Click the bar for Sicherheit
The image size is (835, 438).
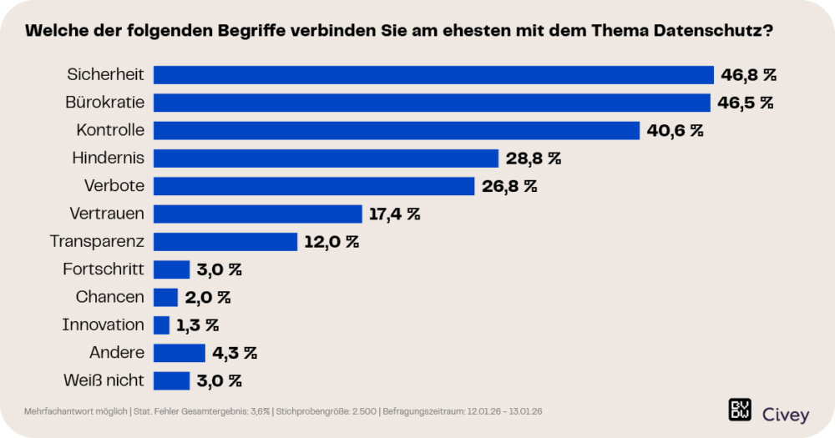(x=433, y=75)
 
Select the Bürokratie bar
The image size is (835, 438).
(x=432, y=103)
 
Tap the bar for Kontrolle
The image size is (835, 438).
(x=397, y=130)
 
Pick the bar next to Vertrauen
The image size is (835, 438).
(x=258, y=214)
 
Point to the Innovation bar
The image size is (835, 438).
(x=162, y=325)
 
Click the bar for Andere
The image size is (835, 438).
(x=180, y=353)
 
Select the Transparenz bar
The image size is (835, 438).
(x=225, y=242)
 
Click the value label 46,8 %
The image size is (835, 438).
(x=749, y=75)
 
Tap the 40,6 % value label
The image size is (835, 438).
(x=675, y=130)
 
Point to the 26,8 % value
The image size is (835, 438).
(x=509, y=186)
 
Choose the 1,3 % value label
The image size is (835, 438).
(x=198, y=325)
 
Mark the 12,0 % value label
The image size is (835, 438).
(x=331, y=242)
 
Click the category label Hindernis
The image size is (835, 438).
(x=109, y=158)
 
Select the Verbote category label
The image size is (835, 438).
(x=114, y=185)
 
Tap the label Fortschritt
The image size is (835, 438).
(x=104, y=269)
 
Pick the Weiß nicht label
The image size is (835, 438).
(x=104, y=380)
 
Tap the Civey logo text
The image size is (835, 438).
(x=787, y=410)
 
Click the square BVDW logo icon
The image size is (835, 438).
(x=740, y=410)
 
